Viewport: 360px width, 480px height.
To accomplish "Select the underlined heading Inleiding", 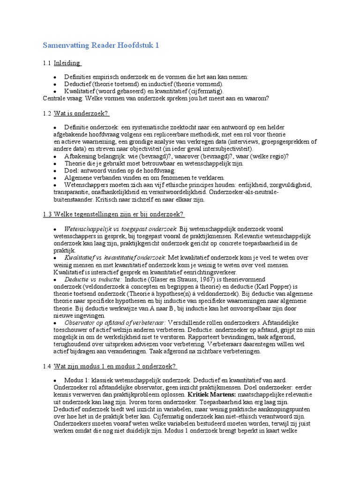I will [x=67, y=63].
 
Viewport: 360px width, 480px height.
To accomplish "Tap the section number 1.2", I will [x=46, y=113].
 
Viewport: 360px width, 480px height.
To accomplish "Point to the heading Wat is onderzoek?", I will [x=81, y=113].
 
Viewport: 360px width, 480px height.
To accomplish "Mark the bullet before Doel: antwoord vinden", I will [x=55, y=171].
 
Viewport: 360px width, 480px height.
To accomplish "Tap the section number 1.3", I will [x=46, y=214].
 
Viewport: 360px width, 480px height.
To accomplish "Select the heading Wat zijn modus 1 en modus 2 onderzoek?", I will [x=115, y=366].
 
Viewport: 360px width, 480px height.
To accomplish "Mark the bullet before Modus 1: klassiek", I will [x=55, y=380].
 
